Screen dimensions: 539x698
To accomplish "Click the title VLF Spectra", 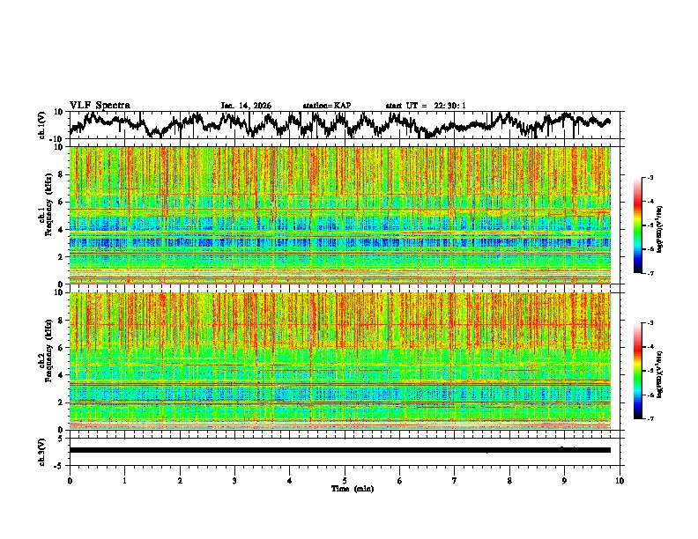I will [x=100, y=105].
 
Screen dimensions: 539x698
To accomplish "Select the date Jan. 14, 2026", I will [x=246, y=106].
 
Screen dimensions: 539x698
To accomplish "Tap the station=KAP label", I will [x=327, y=106].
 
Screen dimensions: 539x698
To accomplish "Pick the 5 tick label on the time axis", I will [x=345, y=480].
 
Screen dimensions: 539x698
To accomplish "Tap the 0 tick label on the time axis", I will [x=70, y=480].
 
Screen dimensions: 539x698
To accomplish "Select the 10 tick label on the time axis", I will [x=620, y=480].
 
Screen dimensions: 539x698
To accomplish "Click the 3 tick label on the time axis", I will [x=234, y=480].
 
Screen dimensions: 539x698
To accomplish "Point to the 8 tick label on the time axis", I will [x=509, y=480].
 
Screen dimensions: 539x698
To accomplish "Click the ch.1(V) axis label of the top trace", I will [x=42, y=125].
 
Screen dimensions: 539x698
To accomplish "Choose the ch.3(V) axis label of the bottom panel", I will [x=42, y=450].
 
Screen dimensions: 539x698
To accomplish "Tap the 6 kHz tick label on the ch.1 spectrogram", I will [x=61, y=202].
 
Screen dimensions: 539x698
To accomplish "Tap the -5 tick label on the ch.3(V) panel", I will [x=60, y=463].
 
